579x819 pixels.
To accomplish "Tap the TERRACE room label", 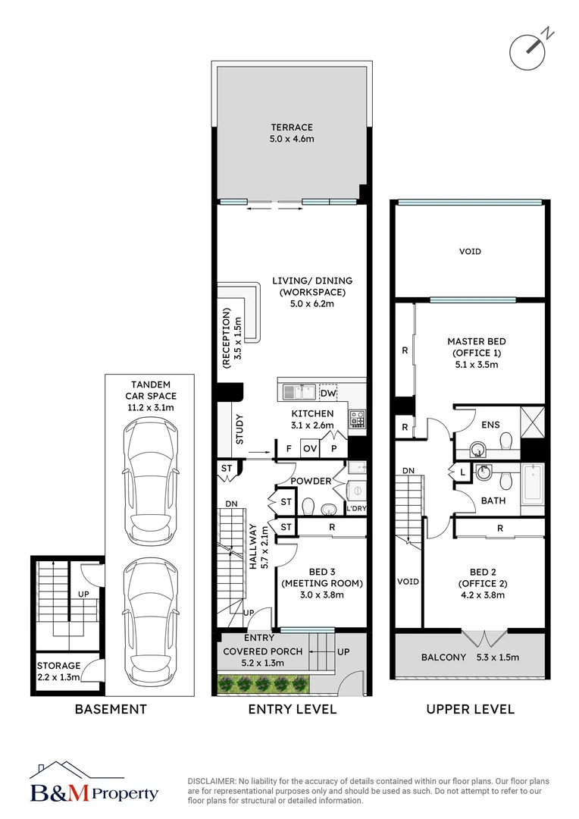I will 292,127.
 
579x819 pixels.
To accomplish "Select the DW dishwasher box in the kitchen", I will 328,394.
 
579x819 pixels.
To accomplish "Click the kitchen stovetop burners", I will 356,418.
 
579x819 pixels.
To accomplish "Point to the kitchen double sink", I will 299,391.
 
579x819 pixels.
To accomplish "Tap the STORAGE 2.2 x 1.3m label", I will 58,671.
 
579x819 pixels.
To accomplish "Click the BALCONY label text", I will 443,657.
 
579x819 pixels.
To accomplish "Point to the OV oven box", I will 310,449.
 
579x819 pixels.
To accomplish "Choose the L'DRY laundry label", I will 356,509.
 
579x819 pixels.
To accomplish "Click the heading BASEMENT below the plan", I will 110,710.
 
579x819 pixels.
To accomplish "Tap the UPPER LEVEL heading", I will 470,710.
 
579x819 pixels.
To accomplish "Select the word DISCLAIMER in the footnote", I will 211,781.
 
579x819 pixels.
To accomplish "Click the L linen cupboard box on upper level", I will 462,472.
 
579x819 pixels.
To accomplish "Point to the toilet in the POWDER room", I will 308,506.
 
